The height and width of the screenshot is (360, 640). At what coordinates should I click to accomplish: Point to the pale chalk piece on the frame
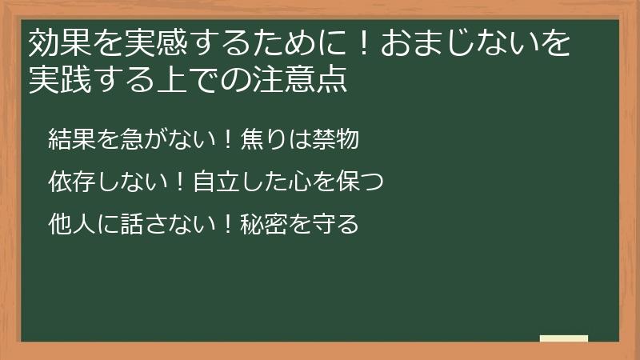tap(563, 338)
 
